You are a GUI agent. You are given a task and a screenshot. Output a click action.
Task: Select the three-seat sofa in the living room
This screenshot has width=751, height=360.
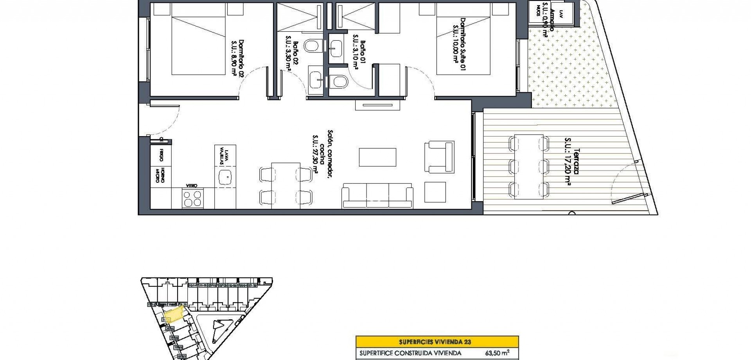point(377,196)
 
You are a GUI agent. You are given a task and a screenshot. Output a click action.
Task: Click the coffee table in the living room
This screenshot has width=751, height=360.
point(377,157)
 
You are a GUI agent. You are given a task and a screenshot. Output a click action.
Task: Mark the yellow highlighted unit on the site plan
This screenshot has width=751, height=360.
point(174,315)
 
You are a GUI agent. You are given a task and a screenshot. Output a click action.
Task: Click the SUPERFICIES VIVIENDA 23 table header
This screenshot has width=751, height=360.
point(437,342)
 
